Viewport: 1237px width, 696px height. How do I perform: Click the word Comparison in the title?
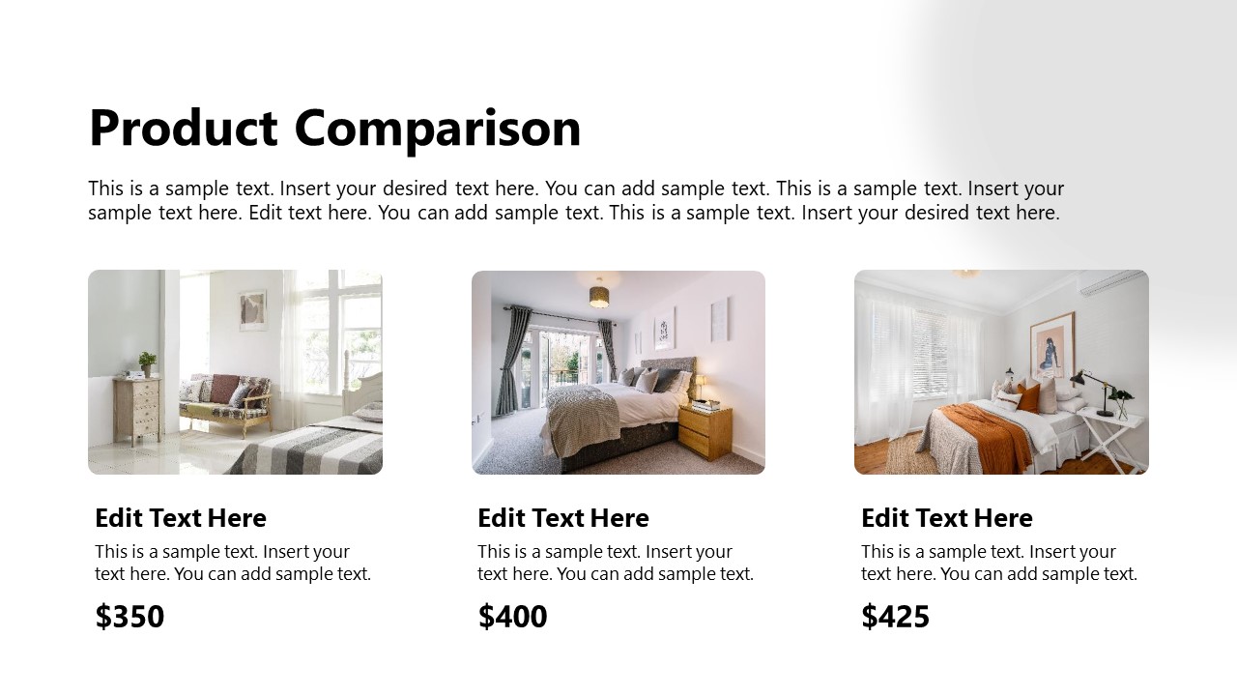(x=437, y=129)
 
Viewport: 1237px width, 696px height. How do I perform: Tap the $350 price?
(x=129, y=617)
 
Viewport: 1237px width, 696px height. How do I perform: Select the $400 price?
(x=512, y=617)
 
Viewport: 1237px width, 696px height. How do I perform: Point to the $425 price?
(x=895, y=617)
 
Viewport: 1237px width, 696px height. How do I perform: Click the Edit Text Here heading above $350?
(x=181, y=518)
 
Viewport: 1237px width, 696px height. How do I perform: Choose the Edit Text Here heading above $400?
(x=563, y=518)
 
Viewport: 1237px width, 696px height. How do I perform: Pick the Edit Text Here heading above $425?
(x=947, y=518)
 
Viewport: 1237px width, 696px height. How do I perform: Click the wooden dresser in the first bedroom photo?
(x=136, y=410)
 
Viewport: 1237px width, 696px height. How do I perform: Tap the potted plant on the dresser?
(x=147, y=363)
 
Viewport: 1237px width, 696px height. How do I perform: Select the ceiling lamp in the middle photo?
(x=600, y=293)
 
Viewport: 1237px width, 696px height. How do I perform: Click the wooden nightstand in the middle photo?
(x=705, y=431)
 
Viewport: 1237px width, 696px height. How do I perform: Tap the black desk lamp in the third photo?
(x=1091, y=391)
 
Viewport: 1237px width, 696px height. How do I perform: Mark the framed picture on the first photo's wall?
(x=252, y=310)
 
